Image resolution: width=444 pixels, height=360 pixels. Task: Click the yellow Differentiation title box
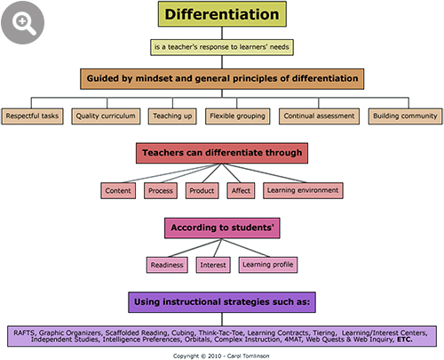[222, 14]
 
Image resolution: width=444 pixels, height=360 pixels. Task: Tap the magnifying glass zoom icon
[23, 22]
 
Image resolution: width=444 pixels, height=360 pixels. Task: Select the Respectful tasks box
[32, 116]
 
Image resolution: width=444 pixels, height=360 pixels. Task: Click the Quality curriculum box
[106, 116]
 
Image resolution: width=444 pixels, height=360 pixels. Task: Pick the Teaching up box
[172, 116]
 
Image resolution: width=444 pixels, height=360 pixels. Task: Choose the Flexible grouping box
[237, 116]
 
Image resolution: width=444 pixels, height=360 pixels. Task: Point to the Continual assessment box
[319, 116]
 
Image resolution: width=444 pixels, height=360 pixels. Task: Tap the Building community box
[405, 116]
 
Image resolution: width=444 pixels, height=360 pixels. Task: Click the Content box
[118, 190]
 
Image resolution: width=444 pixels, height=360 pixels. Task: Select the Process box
[161, 190]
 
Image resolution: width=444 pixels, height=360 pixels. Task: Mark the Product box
[202, 190]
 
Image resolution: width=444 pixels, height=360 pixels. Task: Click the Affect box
[241, 190]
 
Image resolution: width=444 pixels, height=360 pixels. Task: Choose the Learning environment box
[303, 190]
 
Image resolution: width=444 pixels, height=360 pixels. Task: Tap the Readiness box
[167, 265]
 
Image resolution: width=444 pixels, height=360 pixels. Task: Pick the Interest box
[213, 265]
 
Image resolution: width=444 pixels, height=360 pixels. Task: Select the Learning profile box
[268, 265]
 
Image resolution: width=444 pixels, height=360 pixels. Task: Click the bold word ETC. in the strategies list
[405, 340]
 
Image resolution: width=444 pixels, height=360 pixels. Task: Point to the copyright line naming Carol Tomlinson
[221, 356]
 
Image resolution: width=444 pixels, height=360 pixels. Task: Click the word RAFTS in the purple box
[25, 332]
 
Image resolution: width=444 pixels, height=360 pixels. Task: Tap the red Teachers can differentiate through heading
[222, 153]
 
